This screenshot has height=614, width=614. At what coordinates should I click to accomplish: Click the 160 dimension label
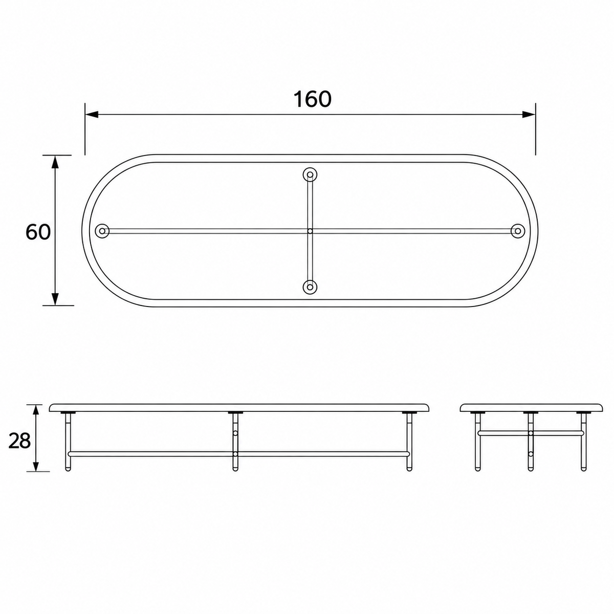[312, 99]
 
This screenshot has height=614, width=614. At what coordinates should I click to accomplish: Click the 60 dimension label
[38, 232]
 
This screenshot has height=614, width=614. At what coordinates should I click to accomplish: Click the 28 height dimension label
[19, 441]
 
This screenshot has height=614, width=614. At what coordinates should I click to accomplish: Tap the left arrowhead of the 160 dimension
[92, 115]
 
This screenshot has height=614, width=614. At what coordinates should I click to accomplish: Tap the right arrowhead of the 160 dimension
[529, 115]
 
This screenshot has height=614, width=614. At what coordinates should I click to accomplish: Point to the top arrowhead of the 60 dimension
[55, 162]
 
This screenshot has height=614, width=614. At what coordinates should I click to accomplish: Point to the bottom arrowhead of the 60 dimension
[55, 298]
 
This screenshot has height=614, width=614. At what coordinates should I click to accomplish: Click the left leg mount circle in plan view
[102, 231]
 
